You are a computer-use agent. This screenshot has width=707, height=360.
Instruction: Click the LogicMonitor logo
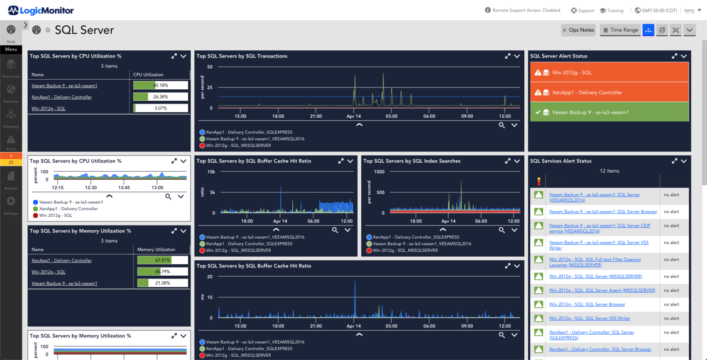tap(41, 10)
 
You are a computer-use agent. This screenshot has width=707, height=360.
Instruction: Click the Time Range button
tap(620, 30)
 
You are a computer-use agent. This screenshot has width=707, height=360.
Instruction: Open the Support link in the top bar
tap(583, 11)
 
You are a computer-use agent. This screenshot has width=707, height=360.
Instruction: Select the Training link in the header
tap(612, 11)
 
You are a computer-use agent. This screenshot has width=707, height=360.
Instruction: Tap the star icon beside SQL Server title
tap(48, 30)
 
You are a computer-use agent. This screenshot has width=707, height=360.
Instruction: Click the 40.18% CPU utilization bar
tap(160, 85)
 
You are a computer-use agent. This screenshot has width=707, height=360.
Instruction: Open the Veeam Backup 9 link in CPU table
tap(64, 86)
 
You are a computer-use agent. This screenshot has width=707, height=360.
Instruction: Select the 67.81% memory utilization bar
tap(162, 261)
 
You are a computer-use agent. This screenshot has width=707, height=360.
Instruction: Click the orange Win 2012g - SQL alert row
tap(609, 73)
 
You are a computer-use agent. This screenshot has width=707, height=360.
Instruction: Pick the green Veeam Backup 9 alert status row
tap(609, 112)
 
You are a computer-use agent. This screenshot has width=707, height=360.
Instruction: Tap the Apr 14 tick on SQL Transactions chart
tap(353, 116)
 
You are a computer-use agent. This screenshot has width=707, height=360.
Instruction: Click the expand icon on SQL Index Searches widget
tap(508, 161)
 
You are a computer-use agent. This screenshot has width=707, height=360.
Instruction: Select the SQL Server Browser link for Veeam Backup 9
tap(603, 212)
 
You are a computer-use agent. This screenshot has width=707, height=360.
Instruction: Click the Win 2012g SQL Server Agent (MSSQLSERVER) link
tap(602, 290)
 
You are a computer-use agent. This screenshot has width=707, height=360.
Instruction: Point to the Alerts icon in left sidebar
tap(11, 140)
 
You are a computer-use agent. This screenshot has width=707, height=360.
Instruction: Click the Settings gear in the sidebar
tap(11, 202)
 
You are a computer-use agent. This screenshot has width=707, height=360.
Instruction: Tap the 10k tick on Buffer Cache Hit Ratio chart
tap(211, 172)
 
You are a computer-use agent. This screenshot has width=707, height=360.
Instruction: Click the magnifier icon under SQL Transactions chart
tap(502, 125)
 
